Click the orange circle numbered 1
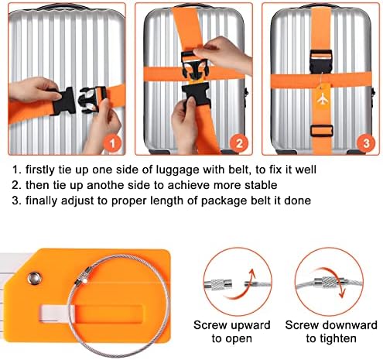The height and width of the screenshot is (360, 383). tap(112, 143)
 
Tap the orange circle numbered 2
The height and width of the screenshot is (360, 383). tap(239, 143)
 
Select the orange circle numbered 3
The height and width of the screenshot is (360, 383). tap(366, 143)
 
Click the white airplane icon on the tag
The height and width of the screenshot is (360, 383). tap(322, 99)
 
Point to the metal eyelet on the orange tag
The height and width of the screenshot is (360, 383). tap(35, 278)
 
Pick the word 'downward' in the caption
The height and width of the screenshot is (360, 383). tap(350, 325)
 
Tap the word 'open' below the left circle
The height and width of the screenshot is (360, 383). tap(239, 340)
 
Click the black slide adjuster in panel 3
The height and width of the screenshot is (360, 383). tap(321, 131)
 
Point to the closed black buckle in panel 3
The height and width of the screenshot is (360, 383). tap(321, 61)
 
